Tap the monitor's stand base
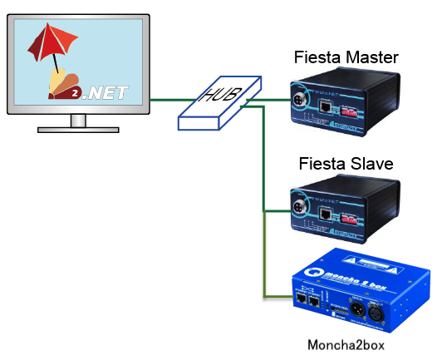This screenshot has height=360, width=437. pyautogui.click(x=78, y=129)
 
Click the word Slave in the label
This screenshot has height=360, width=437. pyautogui.click(x=366, y=163)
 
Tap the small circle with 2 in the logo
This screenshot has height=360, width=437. pyautogui.click(x=74, y=93)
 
